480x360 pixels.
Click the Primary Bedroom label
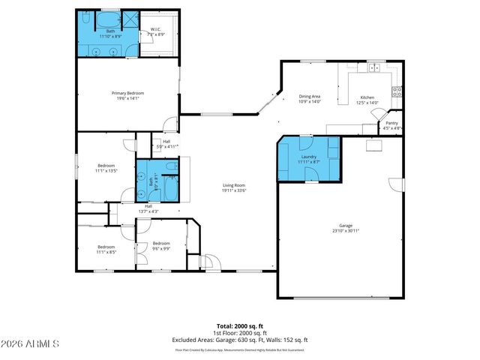coord(129,95)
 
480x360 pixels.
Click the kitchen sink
coord(372,68)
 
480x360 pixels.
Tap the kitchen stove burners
coord(397,92)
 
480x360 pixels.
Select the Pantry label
coord(392,126)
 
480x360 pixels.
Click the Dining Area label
coord(310,98)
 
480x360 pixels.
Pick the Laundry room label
coord(308,158)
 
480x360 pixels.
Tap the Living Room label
coord(234,187)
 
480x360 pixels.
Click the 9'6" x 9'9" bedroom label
coord(161,245)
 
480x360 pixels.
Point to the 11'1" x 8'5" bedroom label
coord(106,249)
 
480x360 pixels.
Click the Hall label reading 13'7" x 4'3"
coord(148,208)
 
